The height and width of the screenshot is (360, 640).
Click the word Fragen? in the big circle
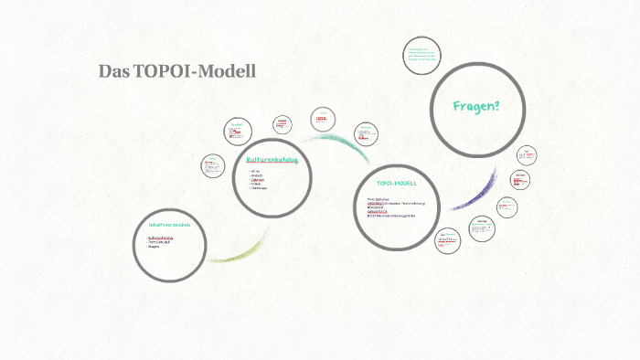pyautogui.click(x=476, y=107)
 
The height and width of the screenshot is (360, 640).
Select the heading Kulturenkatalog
pyautogui.click(x=272, y=160)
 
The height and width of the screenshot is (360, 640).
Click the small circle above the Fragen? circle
pyautogui.click(x=423, y=57)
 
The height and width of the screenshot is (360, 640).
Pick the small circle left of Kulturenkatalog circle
pyautogui.click(x=213, y=166)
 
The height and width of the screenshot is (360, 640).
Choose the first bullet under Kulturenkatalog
pyautogui.click(x=256, y=171)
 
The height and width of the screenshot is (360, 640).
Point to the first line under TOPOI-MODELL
pyautogui.click(x=379, y=197)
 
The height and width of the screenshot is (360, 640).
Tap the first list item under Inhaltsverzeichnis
pyautogui.click(x=160, y=238)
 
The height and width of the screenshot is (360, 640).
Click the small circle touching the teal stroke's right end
pyautogui.click(x=366, y=132)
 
